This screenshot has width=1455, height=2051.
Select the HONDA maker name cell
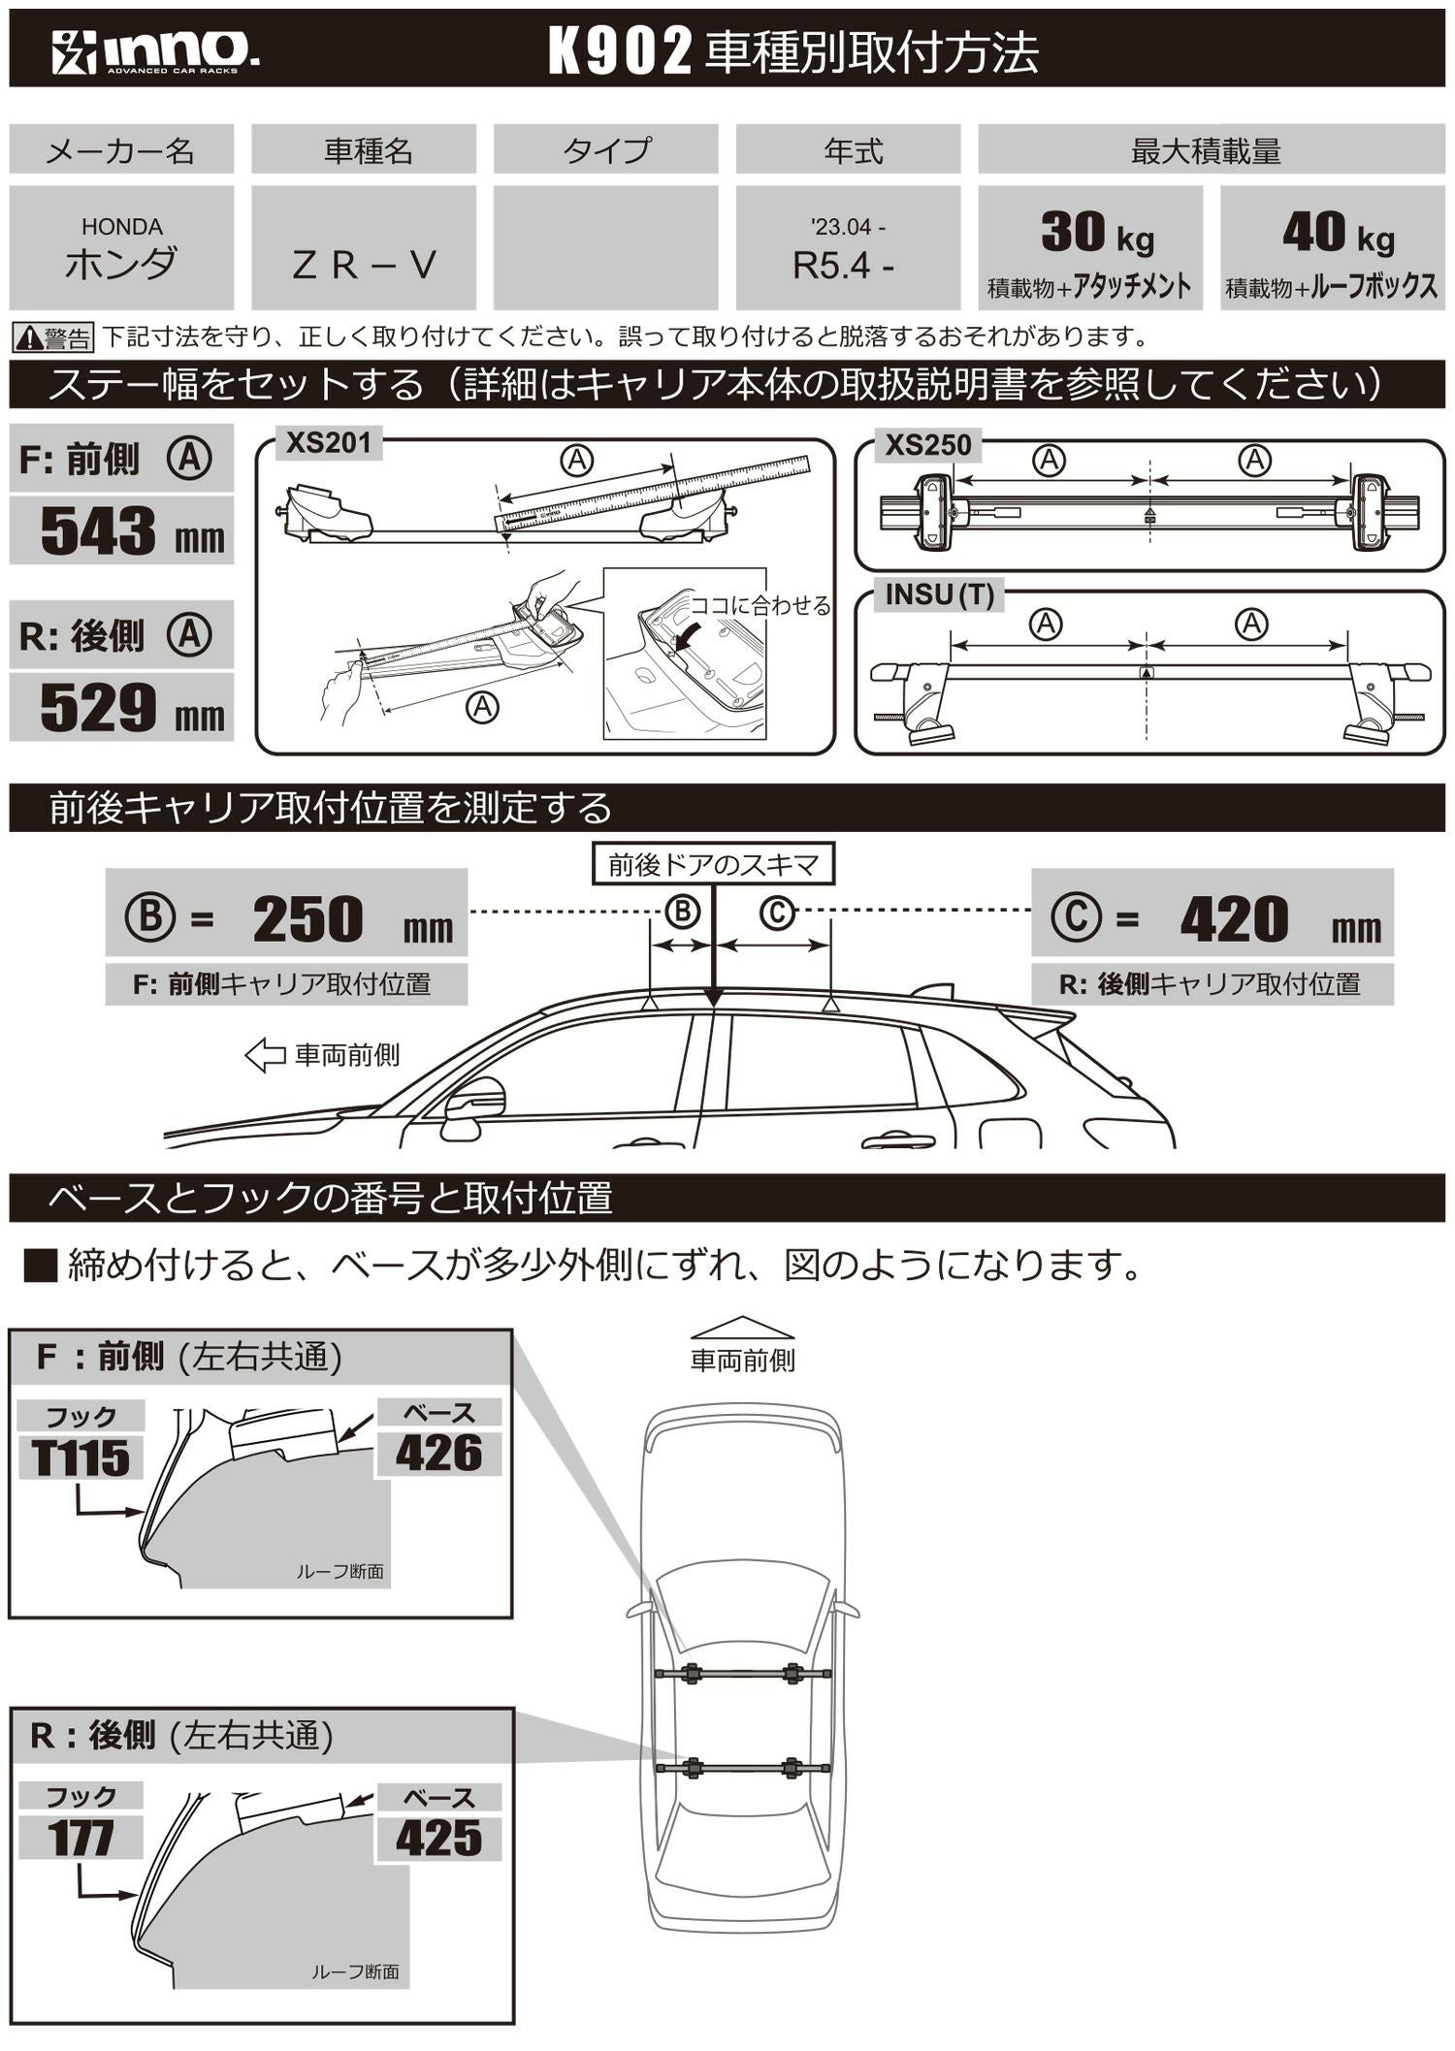[x=121, y=249]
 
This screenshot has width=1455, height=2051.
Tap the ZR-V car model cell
[x=364, y=264]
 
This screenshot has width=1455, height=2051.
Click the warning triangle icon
[x=28, y=338]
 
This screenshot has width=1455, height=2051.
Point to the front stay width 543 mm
[x=121, y=531]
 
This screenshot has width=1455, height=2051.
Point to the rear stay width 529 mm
[x=121, y=708]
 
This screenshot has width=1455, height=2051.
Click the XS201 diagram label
[x=329, y=444]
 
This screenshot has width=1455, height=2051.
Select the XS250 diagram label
[x=927, y=446]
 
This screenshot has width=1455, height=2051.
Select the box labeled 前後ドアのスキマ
[x=713, y=864]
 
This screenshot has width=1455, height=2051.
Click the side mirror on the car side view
[x=474, y=1105]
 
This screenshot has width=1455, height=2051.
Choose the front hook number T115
[x=81, y=1458]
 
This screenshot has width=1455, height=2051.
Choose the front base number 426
[x=438, y=1454]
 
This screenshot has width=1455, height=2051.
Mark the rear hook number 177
[x=81, y=1837]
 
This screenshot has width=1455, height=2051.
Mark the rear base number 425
[x=438, y=1838]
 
